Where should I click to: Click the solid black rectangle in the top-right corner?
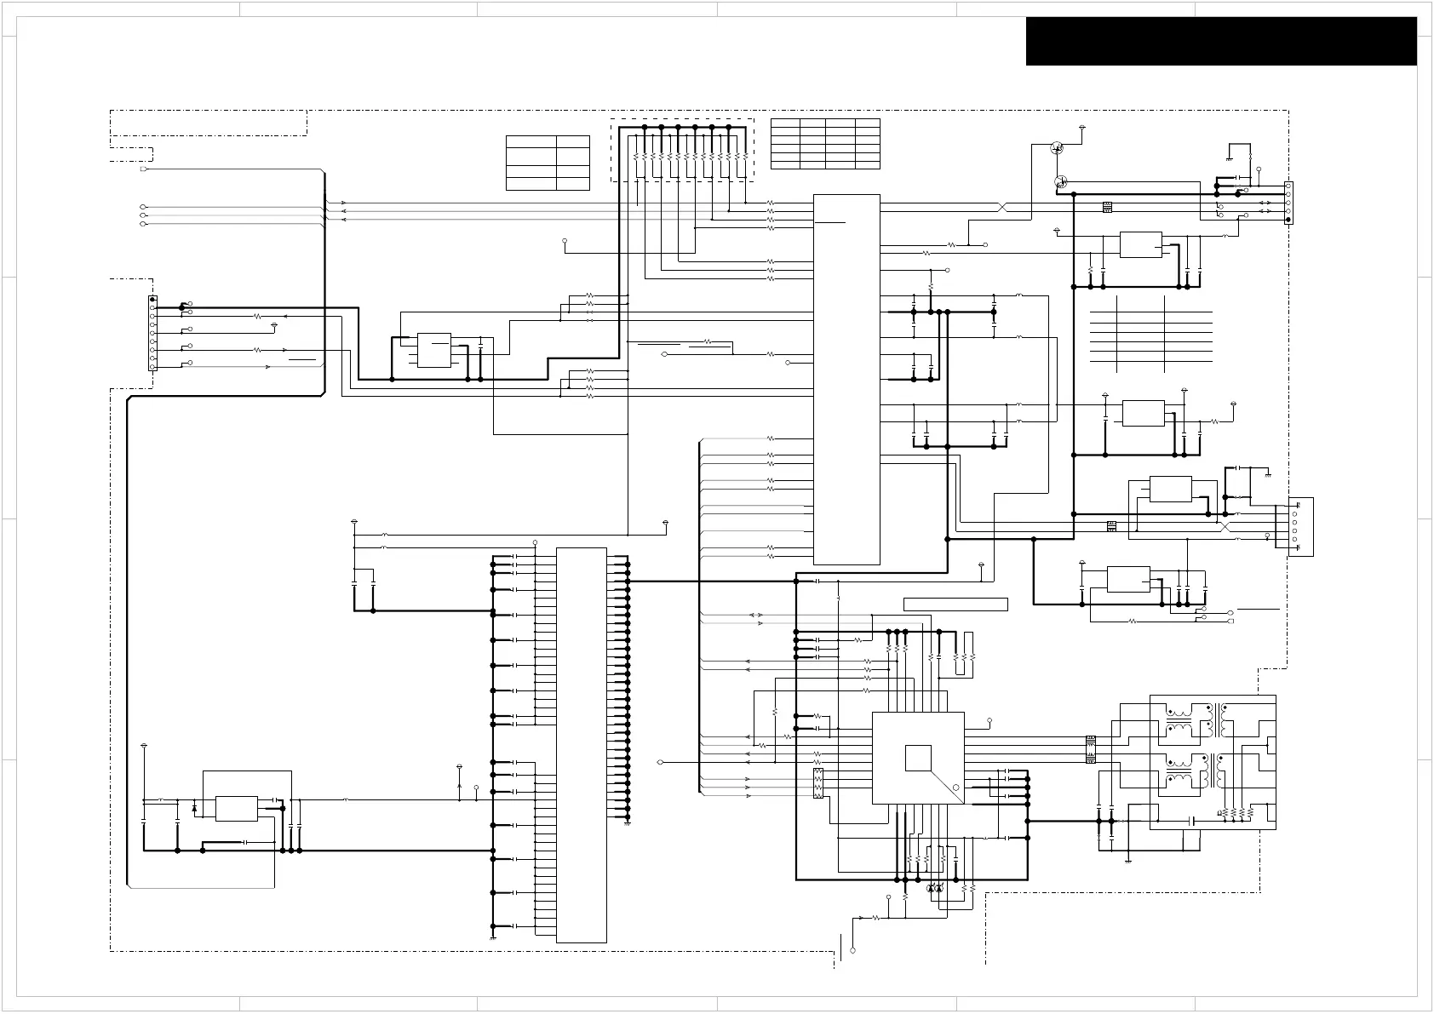click(1220, 41)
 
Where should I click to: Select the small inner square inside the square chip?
click(917, 758)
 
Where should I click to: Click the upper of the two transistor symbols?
click(1057, 147)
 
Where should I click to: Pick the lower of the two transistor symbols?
click(1061, 181)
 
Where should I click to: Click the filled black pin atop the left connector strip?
click(152, 300)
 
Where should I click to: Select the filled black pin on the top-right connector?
click(1288, 221)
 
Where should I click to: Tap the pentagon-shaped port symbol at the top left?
click(143, 169)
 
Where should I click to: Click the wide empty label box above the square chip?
click(955, 604)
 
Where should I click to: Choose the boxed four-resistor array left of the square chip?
click(818, 783)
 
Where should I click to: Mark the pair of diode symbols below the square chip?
click(935, 889)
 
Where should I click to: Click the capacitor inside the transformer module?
click(1192, 821)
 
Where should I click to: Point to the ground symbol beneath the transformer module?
click(1127, 860)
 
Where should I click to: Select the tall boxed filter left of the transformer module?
click(1090, 748)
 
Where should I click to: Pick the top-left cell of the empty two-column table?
click(531, 142)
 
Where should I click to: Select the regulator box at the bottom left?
click(237, 808)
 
